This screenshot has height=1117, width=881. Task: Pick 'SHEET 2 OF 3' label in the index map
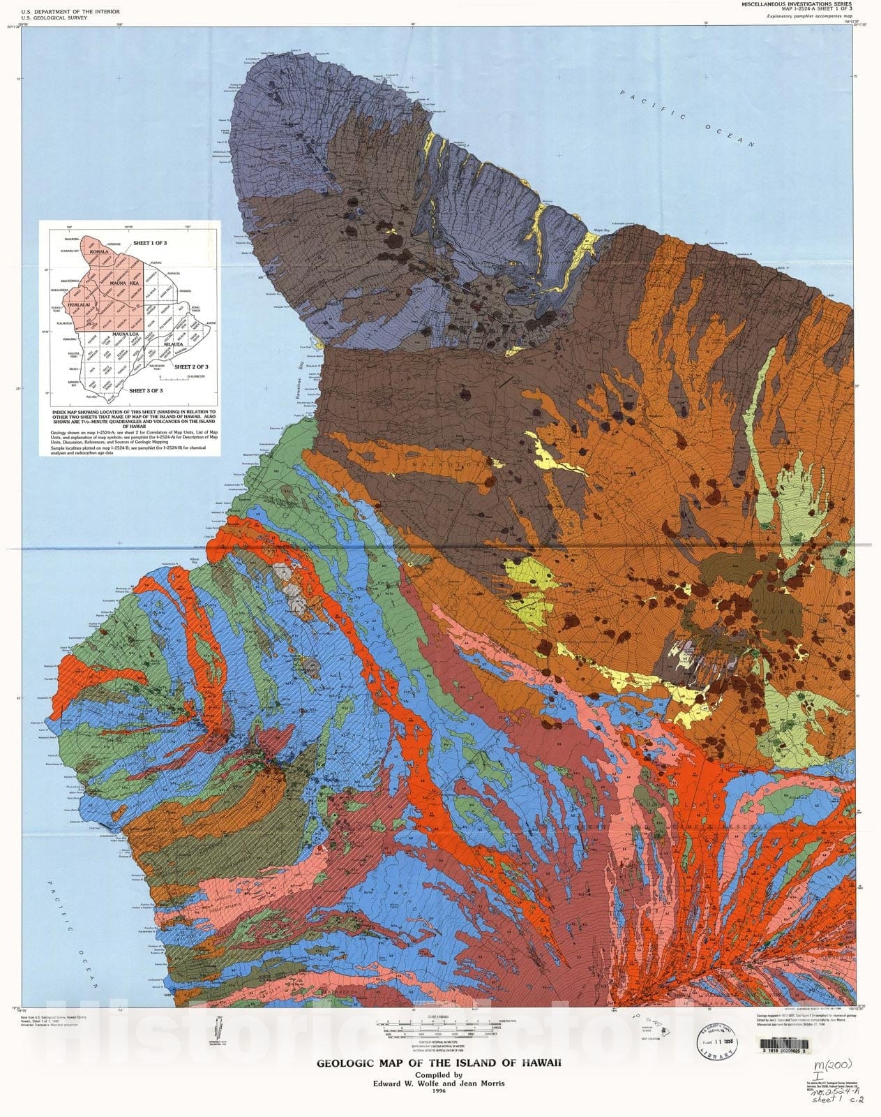click(191, 367)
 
